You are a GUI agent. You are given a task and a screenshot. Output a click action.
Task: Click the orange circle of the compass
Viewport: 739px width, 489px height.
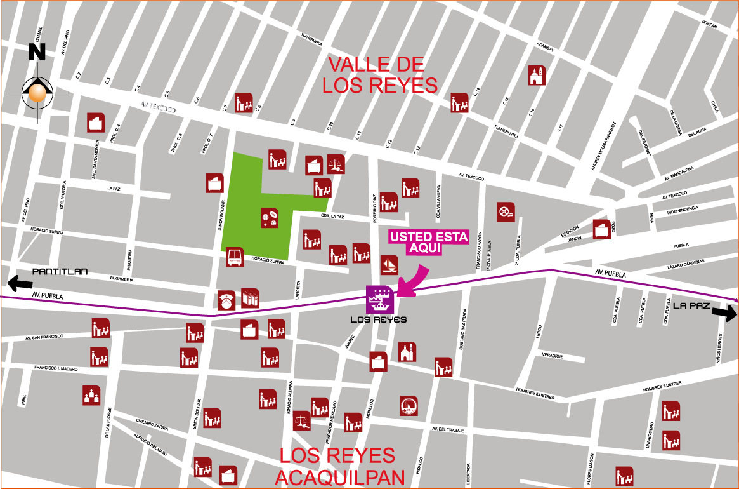[37, 93]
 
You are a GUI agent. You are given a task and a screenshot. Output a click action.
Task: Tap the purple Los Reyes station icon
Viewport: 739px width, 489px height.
[380, 299]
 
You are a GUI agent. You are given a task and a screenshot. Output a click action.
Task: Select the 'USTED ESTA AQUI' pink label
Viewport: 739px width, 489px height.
[429, 242]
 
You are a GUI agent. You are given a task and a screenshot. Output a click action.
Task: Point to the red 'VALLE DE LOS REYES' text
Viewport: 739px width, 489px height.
[379, 75]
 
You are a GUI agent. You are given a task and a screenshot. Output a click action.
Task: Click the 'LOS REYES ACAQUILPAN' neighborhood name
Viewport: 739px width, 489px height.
[339, 466]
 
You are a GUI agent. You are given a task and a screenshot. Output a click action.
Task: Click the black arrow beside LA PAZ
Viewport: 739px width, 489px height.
[724, 312]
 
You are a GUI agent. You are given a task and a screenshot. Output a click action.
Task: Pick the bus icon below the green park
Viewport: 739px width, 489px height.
[235, 257]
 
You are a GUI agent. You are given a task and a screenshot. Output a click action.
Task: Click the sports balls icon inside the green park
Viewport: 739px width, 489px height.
[270, 218]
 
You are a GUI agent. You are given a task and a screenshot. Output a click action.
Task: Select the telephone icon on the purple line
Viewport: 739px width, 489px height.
[226, 300]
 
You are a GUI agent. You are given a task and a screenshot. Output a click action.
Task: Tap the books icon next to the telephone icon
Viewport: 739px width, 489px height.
[250, 298]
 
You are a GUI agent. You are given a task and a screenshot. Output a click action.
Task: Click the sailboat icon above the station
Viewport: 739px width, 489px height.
[389, 264]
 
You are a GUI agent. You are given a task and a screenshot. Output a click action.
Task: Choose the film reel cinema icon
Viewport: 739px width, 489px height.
[506, 211]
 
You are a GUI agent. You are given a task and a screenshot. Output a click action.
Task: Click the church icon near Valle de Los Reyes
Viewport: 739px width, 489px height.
[537, 76]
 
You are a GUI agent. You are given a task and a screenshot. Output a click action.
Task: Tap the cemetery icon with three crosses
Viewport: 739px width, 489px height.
[91, 395]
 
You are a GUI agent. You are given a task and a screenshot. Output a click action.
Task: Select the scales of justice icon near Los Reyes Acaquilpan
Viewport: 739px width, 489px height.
[301, 420]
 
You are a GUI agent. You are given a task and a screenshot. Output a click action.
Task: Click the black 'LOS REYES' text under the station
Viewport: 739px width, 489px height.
[379, 319]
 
